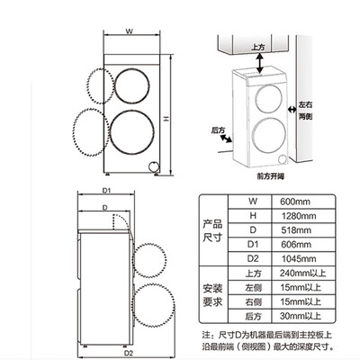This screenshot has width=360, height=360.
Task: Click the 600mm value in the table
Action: [x=295, y=202]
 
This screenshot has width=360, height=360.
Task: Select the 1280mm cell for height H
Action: [x=299, y=216]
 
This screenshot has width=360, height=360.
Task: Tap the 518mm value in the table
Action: [x=296, y=230]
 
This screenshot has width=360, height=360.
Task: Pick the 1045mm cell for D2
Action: [x=299, y=258]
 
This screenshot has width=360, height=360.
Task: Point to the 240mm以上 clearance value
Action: [x=302, y=273]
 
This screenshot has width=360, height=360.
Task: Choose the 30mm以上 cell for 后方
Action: [x=301, y=316]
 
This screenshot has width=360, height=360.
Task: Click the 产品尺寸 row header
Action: [x=212, y=230]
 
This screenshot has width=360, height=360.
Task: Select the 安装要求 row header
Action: [x=212, y=295]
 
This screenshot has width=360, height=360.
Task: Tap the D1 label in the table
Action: [x=253, y=244]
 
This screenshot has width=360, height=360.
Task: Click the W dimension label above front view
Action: [x=129, y=31]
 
